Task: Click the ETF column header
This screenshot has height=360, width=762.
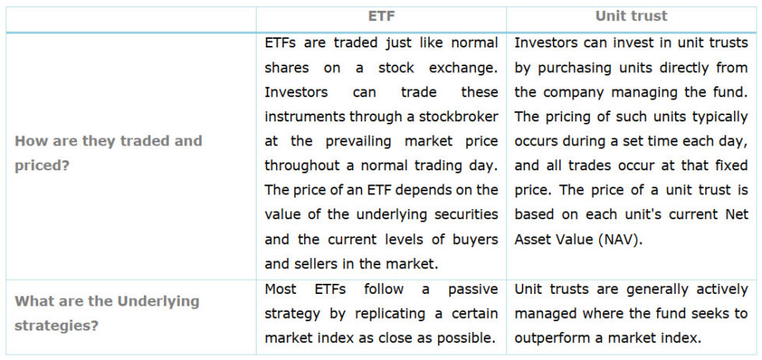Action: [381, 16]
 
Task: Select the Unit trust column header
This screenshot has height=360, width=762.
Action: [631, 16]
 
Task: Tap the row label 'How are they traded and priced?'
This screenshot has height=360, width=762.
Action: [108, 153]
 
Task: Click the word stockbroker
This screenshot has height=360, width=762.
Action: [450, 117]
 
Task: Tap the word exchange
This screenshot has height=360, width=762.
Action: [463, 68]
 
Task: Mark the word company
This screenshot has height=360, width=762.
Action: [568, 92]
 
